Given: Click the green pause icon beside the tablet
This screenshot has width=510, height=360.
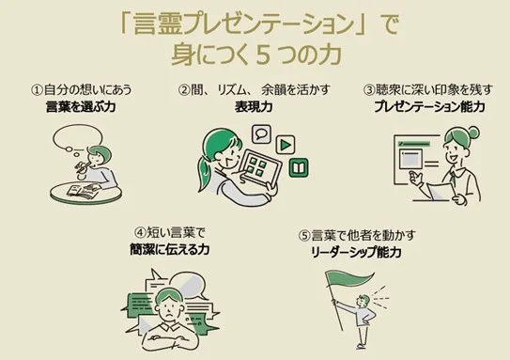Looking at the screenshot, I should (x=299, y=169).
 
